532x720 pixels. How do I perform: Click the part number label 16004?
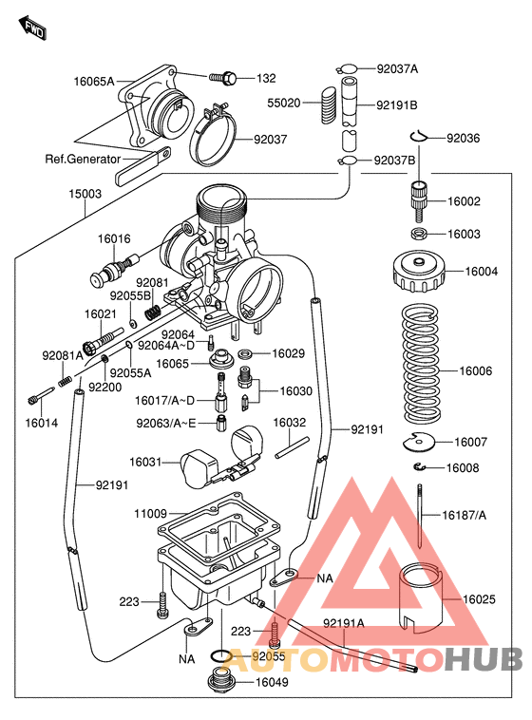pyautogui.click(x=481, y=272)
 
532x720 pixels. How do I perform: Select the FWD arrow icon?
pyautogui.click(x=34, y=29)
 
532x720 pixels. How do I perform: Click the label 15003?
pyautogui.click(x=85, y=193)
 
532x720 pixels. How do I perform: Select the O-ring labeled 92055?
pyautogui.click(x=218, y=655)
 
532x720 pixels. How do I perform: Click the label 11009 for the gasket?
pyautogui.click(x=149, y=514)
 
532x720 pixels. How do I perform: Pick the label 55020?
pyautogui.click(x=283, y=103)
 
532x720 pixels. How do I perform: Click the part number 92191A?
pyautogui.click(x=343, y=624)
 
